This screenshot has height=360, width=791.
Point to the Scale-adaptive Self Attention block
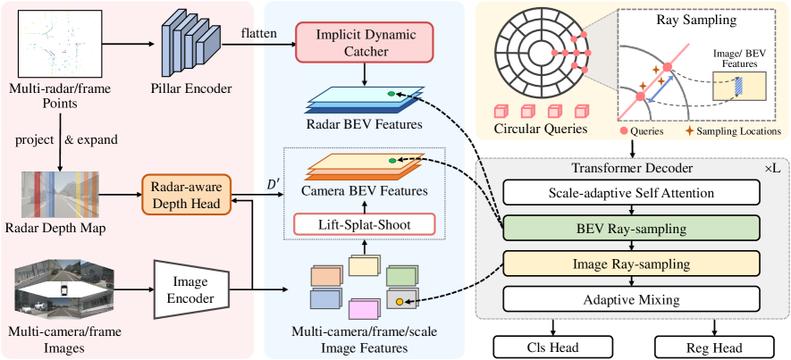point(632,193)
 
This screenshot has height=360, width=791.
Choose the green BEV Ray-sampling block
point(632,228)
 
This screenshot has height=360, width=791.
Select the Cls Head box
point(552,347)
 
